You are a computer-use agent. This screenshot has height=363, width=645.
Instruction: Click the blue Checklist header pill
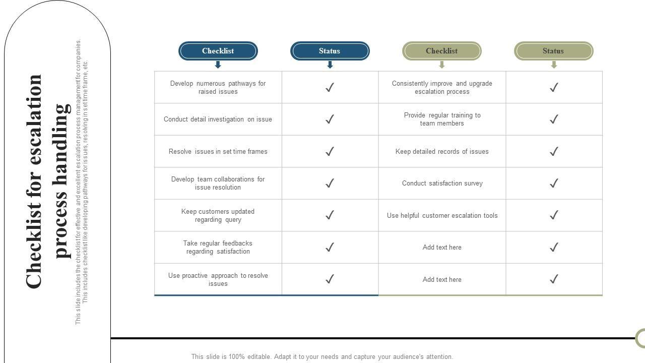click(218, 51)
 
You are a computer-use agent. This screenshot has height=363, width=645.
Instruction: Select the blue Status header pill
click(330, 51)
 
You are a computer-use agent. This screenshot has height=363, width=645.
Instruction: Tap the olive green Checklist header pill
click(441, 51)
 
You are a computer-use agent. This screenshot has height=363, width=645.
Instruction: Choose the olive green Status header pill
click(553, 51)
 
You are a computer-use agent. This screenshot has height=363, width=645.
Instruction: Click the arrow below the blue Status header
click(330, 65)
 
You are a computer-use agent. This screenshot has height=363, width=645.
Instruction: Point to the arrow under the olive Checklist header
click(442, 65)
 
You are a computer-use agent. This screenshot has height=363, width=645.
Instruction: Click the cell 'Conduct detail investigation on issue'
click(218, 119)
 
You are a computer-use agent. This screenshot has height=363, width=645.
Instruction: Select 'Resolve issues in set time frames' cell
click(218, 151)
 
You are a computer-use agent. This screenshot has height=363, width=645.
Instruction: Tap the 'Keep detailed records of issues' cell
click(442, 151)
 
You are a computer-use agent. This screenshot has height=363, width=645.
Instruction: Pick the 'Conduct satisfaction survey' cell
click(442, 184)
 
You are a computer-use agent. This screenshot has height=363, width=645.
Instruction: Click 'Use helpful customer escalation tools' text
click(442, 215)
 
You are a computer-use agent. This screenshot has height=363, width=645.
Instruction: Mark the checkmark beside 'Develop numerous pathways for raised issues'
click(330, 87)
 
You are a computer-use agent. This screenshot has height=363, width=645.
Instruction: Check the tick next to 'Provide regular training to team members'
click(554, 119)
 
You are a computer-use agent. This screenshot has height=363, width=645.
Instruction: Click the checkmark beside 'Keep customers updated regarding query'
click(330, 215)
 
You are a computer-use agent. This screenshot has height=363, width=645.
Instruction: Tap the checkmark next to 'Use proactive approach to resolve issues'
click(330, 279)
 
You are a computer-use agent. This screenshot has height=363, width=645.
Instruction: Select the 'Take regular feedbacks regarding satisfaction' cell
click(218, 247)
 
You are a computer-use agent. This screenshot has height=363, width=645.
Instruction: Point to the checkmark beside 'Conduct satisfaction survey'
click(554, 184)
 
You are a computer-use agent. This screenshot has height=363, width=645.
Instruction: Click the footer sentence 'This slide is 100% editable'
click(322, 356)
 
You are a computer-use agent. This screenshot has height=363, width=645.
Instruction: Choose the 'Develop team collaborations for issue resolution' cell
click(218, 184)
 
